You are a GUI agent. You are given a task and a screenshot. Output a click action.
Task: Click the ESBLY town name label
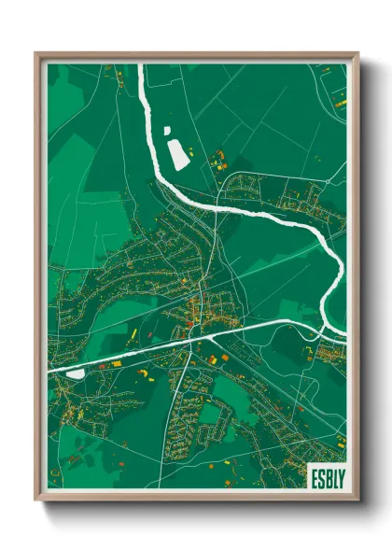point(326,474)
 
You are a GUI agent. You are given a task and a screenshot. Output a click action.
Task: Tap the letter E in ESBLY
point(315,474)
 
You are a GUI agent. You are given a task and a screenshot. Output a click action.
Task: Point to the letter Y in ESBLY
point(338,474)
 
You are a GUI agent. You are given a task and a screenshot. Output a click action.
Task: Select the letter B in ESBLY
point(326,474)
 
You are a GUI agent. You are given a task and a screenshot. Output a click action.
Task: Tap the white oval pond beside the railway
point(76,373)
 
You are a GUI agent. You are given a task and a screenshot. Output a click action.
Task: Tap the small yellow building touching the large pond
point(189,150)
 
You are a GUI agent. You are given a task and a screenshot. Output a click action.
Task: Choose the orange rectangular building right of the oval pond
point(116,364)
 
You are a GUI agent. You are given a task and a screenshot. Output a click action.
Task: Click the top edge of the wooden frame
point(196,55)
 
